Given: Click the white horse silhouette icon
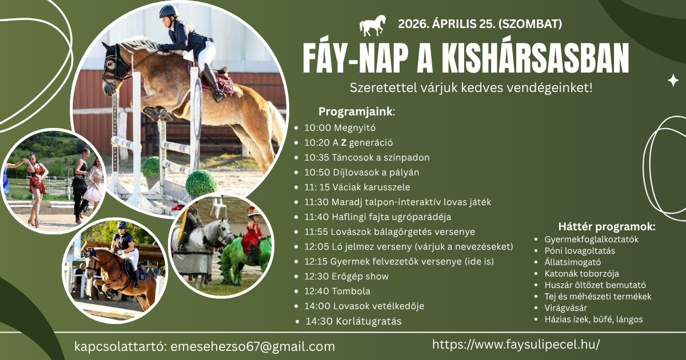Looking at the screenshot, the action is coord(372,25).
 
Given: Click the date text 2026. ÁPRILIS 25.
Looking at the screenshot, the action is coord(446,24).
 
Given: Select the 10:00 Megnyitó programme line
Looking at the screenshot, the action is coord(340,127).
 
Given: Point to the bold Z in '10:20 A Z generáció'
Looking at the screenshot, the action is coord(344,143).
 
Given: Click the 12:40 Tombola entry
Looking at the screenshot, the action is coord(337,291).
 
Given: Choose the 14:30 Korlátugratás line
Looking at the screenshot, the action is coord(353,321).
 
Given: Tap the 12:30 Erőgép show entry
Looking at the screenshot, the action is coord(346,277).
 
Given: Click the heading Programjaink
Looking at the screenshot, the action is coord(355,111).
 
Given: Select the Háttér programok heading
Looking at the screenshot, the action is coord(607,226).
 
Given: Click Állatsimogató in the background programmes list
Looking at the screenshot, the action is coord(573,262).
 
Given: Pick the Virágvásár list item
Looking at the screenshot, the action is coord(565,307).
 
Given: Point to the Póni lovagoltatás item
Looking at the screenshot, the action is coord(580,251).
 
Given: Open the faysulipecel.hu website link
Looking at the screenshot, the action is coord(516,345).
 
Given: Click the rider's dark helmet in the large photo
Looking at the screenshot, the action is coord(168,11).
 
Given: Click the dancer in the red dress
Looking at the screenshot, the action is coord(36,188).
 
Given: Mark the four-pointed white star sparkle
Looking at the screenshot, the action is coord(673,80).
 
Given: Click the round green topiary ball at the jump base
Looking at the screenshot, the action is coord(201,183).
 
